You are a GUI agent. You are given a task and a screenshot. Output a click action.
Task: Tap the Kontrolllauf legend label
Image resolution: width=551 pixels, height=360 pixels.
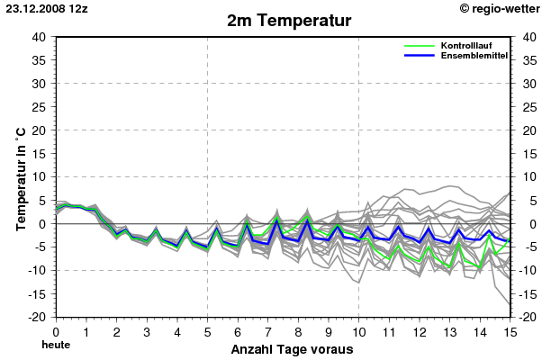coord(465,45)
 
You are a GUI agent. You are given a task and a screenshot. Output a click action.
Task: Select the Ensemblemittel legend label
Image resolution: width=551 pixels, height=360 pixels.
coord(474,55)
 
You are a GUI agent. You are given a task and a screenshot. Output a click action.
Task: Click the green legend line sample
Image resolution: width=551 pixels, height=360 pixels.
coord(420,46)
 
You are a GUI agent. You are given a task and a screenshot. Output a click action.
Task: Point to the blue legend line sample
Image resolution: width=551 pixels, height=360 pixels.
coord(420,55)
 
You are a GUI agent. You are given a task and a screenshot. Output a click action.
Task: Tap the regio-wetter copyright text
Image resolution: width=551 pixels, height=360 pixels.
coord(501,7)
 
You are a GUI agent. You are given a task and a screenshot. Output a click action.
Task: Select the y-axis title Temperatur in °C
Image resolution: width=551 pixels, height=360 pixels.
coord(21,177)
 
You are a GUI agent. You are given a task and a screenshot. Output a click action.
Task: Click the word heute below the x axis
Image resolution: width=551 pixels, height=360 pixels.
coord(56,344)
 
